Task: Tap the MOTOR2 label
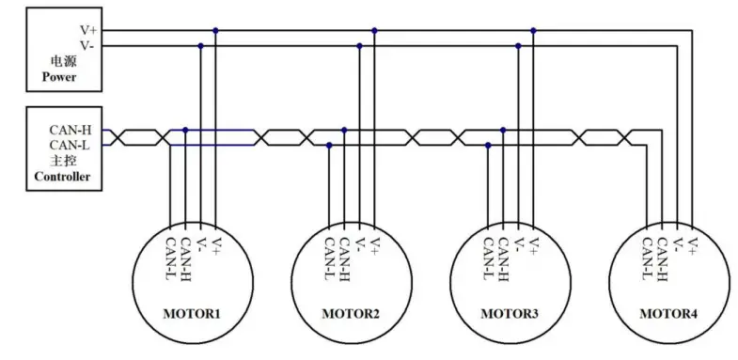click(x=352, y=311)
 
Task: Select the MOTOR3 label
click(x=510, y=311)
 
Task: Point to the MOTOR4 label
click(x=669, y=311)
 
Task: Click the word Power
click(x=58, y=77)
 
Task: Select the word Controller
click(x=61, y=176)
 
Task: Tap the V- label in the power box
click(x=86, y=45)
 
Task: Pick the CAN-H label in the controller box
click(x=70, y=130)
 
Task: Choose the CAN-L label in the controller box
click(x=70, y=145)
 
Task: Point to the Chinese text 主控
click(x=62, y=160)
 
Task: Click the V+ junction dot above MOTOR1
click(x=215, y=31)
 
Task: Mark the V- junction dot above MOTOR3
click(x=518, y=46)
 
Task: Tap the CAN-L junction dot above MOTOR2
click(x=329, y=145)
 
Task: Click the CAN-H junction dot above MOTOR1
click(x=185, y=130)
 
